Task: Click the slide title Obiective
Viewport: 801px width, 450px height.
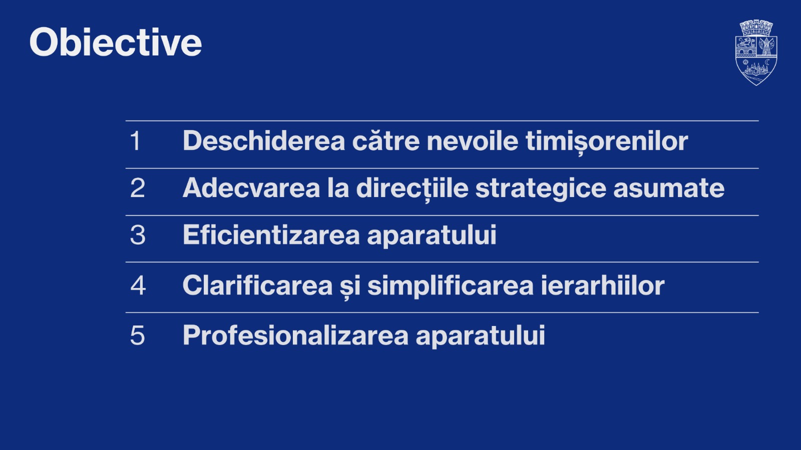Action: pos(116,42)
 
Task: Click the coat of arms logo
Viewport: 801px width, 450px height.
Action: pos(756,52)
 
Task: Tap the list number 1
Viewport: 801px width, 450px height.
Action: pos(135,141)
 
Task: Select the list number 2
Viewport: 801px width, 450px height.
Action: pos(137,188)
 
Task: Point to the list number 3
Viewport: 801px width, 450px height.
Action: pos(138,235)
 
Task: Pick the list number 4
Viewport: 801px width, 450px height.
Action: pos(138,285)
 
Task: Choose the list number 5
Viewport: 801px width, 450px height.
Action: pos(137,335)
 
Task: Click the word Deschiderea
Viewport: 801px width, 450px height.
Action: pos(263,141)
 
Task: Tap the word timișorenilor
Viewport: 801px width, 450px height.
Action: pos(606,141)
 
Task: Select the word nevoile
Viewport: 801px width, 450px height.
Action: pos(472,141)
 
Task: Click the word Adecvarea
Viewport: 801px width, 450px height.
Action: pos(251,188)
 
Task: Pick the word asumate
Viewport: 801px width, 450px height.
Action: pos(669,188)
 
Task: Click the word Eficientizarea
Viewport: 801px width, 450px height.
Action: pos(271,235)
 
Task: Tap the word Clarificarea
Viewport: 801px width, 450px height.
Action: pos(257,285)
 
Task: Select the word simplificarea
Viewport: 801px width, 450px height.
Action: pos(450,285)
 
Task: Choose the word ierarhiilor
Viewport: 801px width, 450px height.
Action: pos(602,285)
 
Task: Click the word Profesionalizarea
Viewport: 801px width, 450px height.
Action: pos(295,335)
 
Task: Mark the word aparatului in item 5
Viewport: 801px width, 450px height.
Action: pos(480,335)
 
